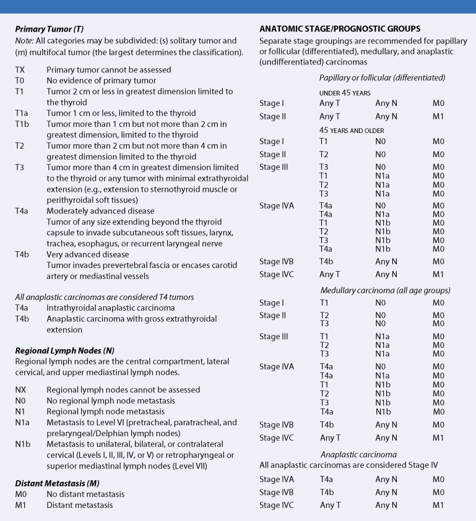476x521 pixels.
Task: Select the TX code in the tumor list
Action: pyautogui.click(x=20, y=70)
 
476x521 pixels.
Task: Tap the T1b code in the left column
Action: pyautogui.click(x=22, y=124)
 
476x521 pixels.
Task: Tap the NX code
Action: pyautogui.click(x=21, y=390)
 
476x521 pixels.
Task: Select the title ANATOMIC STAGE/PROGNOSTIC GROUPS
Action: pyautogui.click(x=340, y=28)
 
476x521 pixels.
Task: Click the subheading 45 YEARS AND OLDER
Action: pyautogui.click(x=352, y=131)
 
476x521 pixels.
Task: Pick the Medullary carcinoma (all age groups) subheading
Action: pyautogui.click(x=384, y=290)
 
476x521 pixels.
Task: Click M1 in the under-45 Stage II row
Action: pyautogui.click(x=438, y=116)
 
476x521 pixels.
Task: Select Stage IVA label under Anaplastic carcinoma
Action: pyautogui.click(x=277, y=480)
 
